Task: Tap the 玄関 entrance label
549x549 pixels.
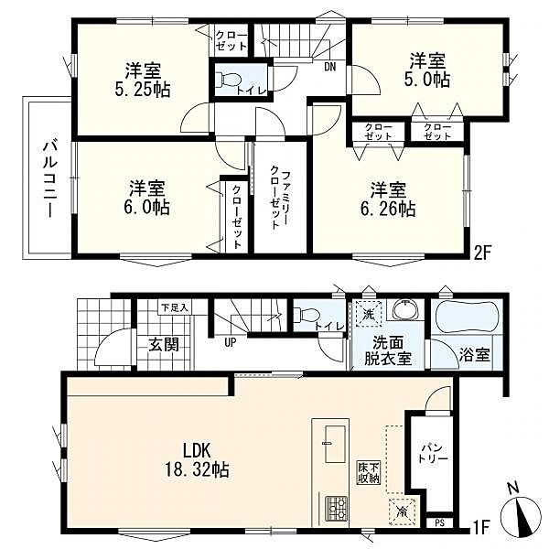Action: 164,344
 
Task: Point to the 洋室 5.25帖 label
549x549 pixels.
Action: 143,80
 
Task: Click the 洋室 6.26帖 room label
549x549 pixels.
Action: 389,199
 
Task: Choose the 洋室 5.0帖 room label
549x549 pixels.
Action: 428,70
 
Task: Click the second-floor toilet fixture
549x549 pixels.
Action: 228,79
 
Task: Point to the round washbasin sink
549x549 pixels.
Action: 405,309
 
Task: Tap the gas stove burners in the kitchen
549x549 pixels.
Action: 336,508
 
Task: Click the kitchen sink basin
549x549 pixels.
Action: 336,444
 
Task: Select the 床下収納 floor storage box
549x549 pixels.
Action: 369,473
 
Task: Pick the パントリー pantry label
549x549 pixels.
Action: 434,454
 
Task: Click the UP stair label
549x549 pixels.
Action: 230,342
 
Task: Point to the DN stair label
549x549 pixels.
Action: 329,66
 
